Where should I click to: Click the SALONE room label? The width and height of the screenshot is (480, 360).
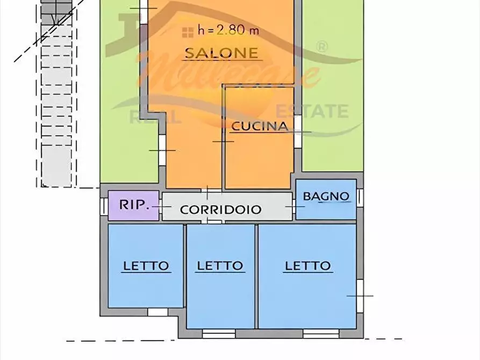221,53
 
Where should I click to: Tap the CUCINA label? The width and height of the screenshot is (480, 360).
259,126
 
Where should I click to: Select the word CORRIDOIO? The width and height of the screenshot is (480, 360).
220,210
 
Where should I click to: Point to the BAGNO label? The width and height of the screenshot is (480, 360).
326,196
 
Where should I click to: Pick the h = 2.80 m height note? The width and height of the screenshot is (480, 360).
228,31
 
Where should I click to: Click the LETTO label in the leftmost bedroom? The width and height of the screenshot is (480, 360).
146,265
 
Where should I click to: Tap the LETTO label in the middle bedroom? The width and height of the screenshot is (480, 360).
220,265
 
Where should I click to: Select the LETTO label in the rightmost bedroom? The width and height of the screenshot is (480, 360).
307,265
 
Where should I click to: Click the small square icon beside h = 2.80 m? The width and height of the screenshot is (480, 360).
188,31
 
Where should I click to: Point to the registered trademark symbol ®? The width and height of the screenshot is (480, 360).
321,46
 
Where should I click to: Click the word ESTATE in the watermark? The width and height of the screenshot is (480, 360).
312,112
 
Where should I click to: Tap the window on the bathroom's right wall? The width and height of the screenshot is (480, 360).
360,197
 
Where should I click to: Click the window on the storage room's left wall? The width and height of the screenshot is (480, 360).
103,205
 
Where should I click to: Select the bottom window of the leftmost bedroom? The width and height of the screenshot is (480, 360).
157,312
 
